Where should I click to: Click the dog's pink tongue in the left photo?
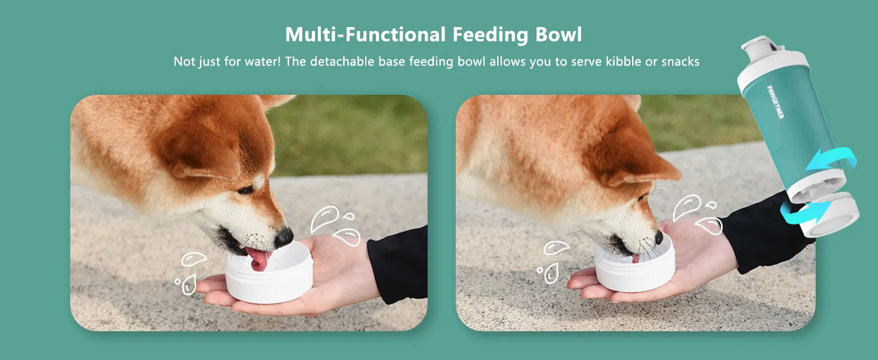[259, 259]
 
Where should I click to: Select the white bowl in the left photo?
[269, 279]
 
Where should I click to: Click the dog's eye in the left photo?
[245, 190]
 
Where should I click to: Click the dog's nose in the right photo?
[659, 238]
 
